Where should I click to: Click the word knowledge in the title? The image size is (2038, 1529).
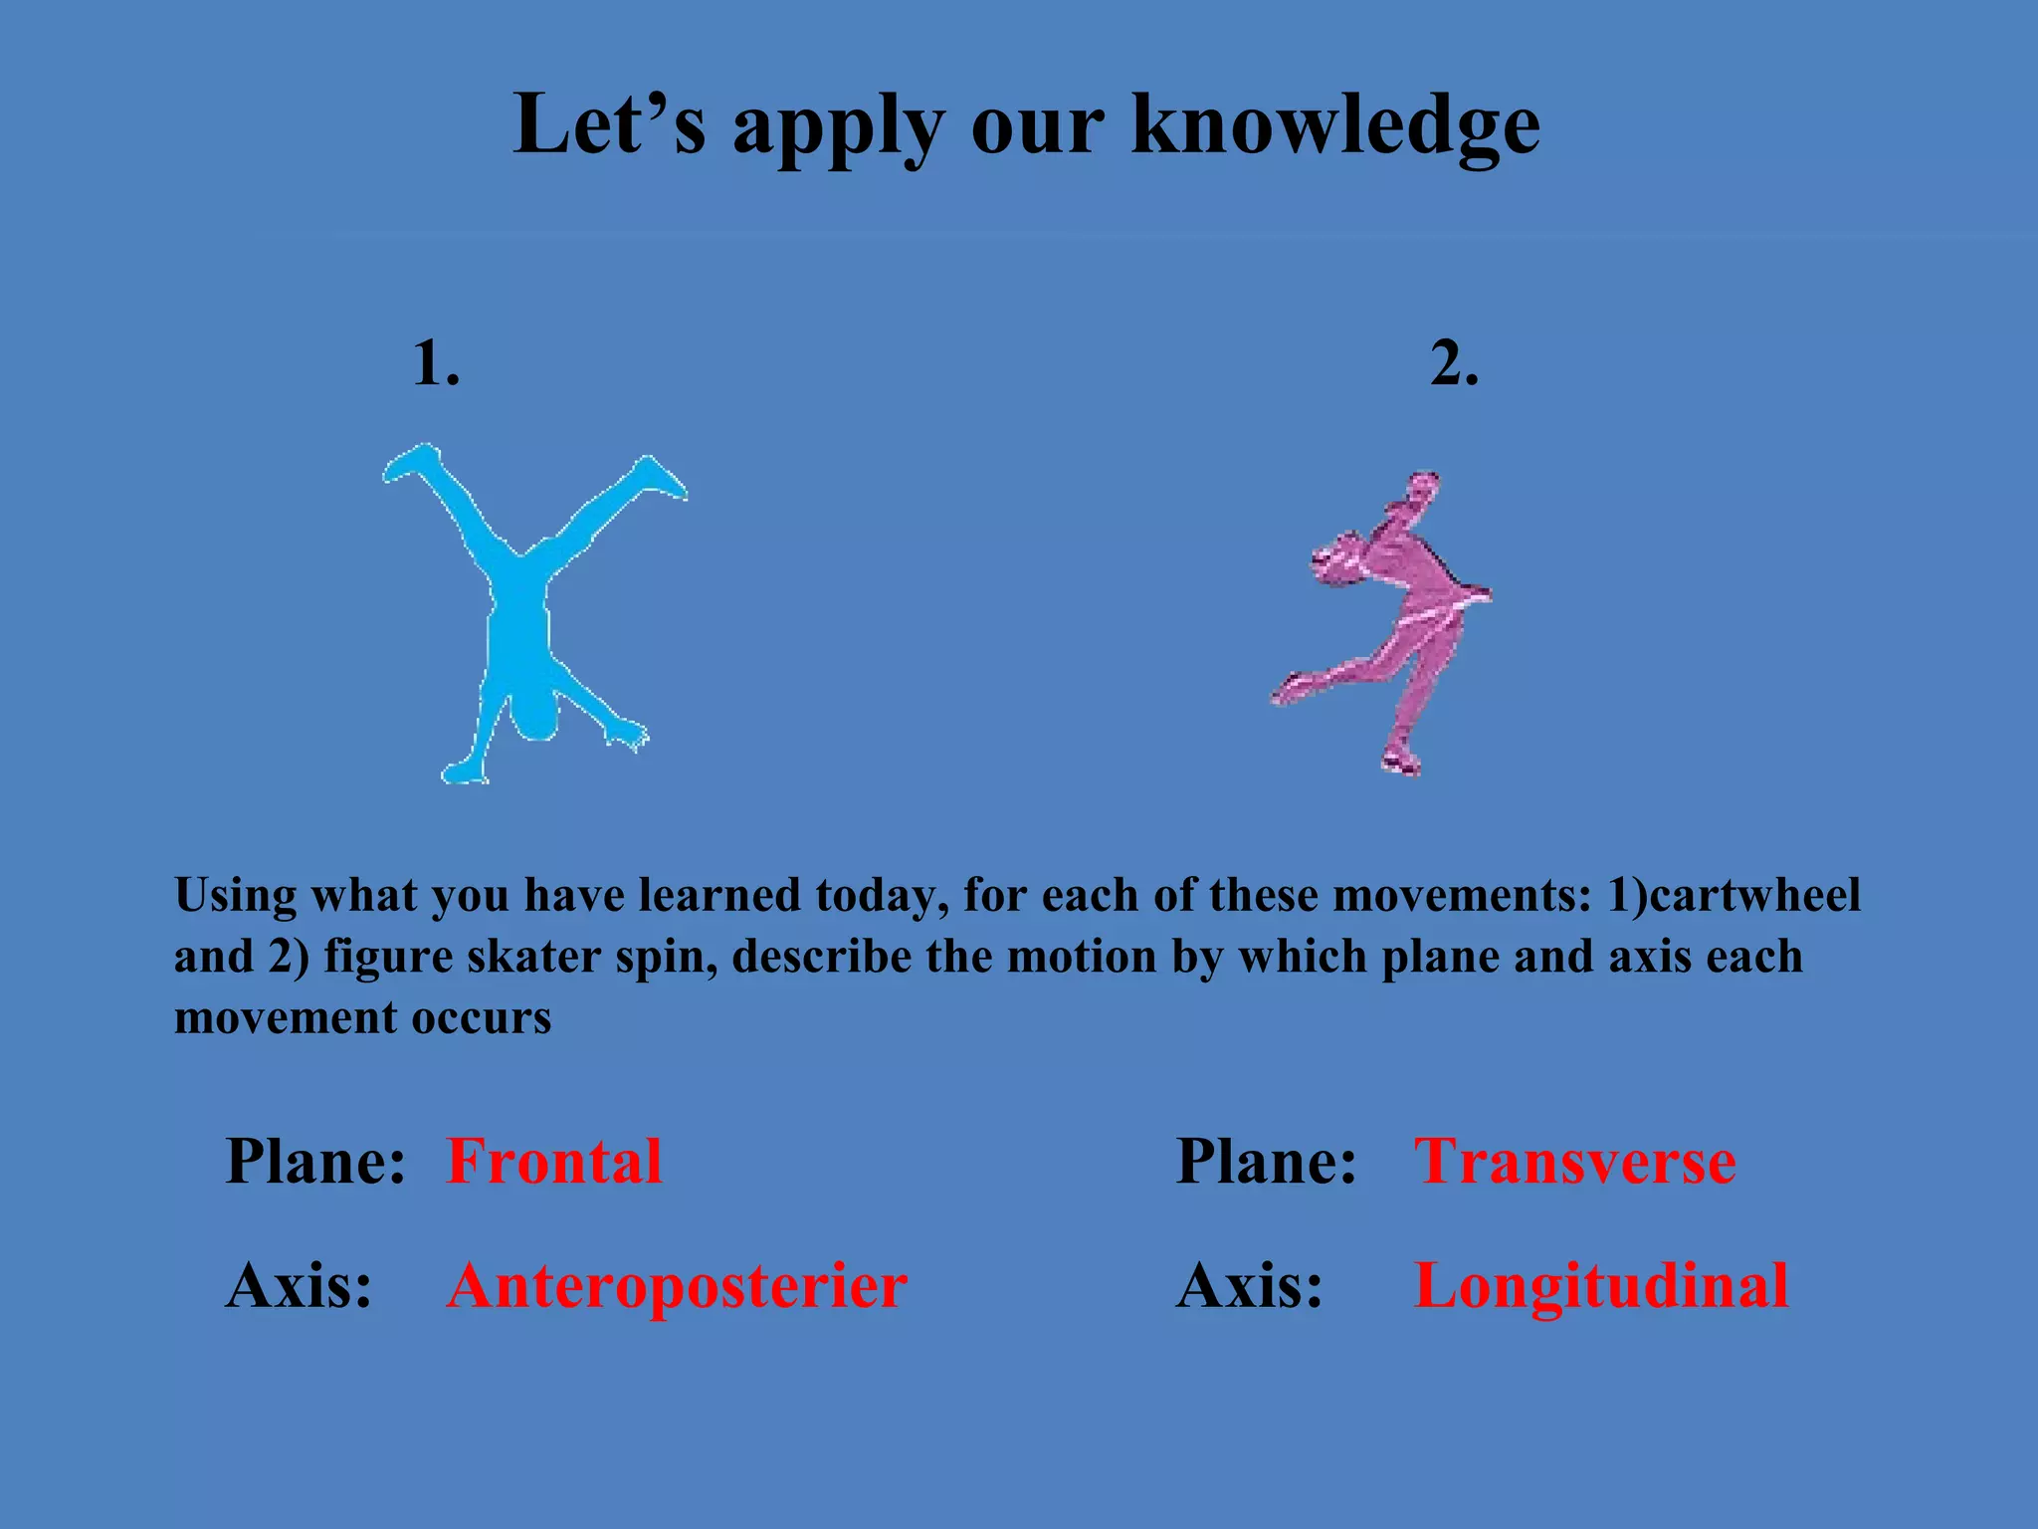coord(1336,125)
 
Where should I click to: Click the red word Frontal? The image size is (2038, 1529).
coord(554,1161)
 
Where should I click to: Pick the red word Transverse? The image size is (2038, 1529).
coord(1575,1161)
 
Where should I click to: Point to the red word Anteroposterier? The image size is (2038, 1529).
coord(677,1286)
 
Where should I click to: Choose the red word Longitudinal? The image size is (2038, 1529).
coord(1601,1286)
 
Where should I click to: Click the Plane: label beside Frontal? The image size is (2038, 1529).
coord(315,1161)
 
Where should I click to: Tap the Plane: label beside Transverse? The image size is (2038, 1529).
coord(1266,1161)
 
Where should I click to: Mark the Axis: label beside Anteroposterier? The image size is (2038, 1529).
coord(299,1286)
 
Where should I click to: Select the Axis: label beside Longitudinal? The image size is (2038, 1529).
coord(1250,1286)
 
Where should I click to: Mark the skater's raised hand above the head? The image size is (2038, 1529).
coord(1421,488)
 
